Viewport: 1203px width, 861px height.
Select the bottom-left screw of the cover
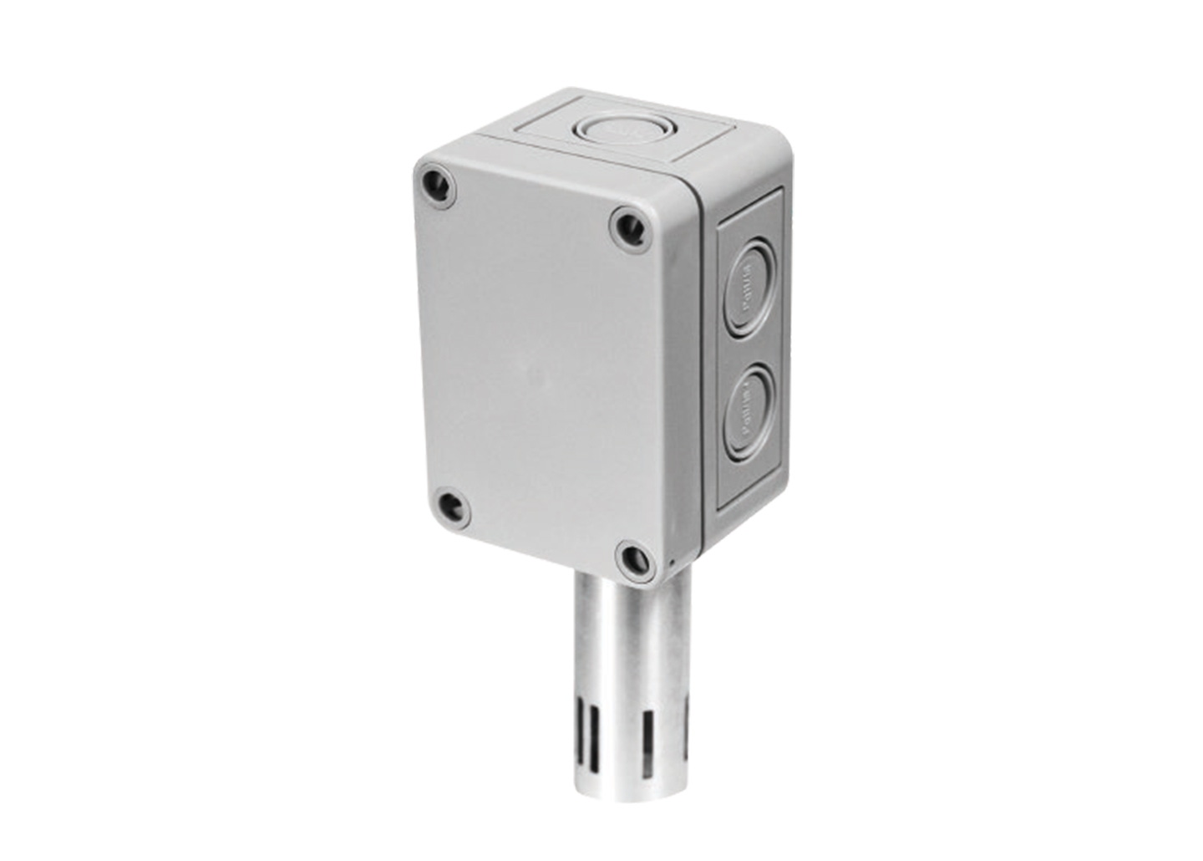point(451,503)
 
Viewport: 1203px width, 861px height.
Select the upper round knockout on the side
point(750,288)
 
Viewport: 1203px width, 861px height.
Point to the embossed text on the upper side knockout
point(750,288)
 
